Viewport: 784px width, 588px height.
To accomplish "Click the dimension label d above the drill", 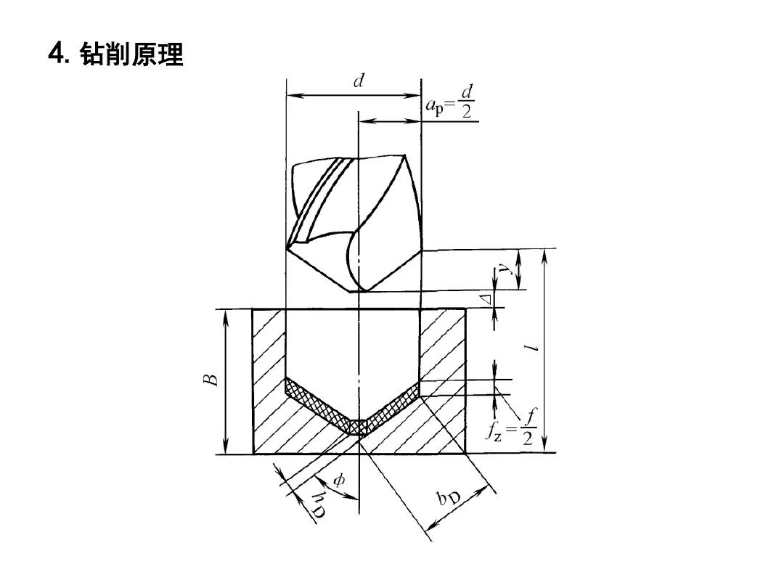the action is [x=358, y=81].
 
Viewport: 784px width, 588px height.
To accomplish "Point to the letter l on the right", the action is [x=534, y=348].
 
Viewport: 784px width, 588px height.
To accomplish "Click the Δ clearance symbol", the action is [x=489, y=298].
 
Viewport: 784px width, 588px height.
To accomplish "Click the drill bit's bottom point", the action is [x=358, y=291].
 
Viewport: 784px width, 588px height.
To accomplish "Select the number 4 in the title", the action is [x=56, y=55].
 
